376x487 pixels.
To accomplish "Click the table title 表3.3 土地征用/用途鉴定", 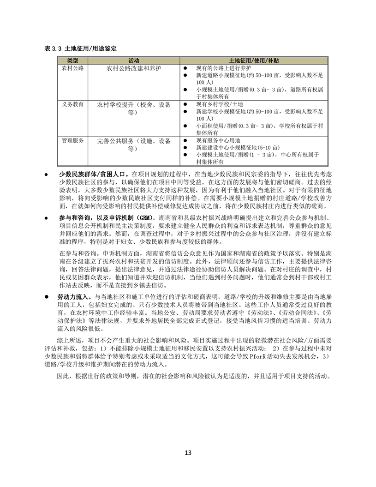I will click(80, 48).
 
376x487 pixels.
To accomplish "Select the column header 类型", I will click(72, 60).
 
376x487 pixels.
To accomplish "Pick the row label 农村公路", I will click(72, 68).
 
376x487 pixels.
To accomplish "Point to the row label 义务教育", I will click(72, 104).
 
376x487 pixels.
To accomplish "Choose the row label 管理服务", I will click(72, 140).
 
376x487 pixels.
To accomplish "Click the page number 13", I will click(188, 452).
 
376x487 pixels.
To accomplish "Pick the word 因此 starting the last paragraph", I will click(62, 376).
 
